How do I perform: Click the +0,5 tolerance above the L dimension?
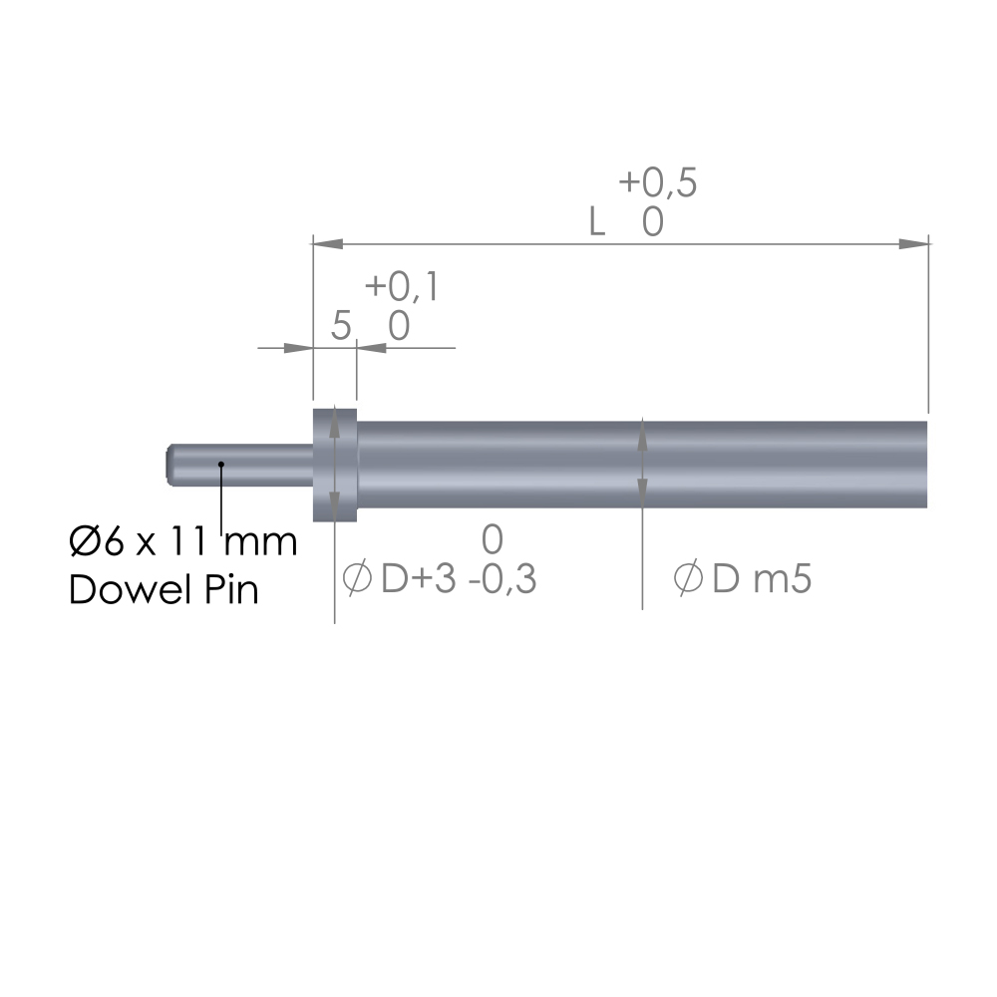(x=657, y=183)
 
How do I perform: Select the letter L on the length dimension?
(x=596, y=222)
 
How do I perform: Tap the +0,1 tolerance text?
(x=402, y=287)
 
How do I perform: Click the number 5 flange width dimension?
(x=341, y=326)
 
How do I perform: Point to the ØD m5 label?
(x=742, y=578)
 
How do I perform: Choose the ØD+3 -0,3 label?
(x=440, y=578)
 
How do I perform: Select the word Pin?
(x=231, y=589)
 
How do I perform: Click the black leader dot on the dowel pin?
(x=221, y=465)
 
